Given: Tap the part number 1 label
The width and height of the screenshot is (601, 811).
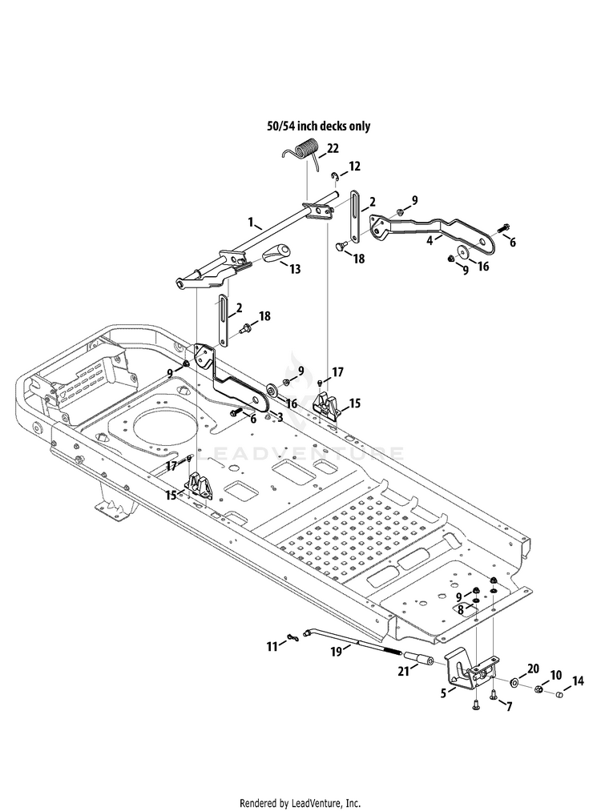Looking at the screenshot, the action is [251, 223].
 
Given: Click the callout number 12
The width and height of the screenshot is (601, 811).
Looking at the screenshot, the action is [355, 167].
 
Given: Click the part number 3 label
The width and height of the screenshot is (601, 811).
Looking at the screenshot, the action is [280, 417].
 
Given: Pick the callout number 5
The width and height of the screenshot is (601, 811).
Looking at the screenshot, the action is [444, 693].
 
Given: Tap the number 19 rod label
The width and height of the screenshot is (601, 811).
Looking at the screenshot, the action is [337, 651].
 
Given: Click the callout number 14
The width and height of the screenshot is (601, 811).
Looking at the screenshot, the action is [578, 681].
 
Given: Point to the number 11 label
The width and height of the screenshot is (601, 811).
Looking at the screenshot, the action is [272, 646].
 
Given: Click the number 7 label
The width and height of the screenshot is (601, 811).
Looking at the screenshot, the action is [509, 706].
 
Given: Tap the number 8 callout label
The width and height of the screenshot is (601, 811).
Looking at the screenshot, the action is [460, 610].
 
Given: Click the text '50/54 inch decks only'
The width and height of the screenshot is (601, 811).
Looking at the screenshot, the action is [319, 126].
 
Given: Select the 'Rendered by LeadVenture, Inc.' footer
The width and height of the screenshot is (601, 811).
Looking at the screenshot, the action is [300, 803].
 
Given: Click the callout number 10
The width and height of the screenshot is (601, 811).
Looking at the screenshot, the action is [556, 675].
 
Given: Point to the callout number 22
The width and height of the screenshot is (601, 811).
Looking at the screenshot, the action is [333, 148].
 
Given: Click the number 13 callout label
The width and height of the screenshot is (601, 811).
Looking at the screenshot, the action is [295, 269].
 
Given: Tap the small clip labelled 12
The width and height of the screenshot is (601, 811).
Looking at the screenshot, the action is [334, 178].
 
